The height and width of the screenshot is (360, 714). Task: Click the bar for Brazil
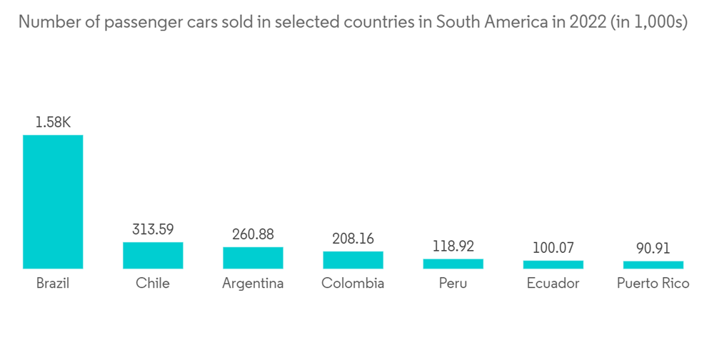[x=53, y=201]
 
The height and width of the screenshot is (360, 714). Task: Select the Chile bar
[x=153, y=255]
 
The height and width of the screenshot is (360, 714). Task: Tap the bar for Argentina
[x=253, y=258]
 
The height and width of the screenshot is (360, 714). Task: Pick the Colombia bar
[x=353, y=260]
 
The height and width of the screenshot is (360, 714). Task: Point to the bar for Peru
[x=453, y=264]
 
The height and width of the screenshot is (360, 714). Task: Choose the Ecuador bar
[x=553, y=264]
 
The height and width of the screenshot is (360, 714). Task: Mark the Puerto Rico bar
[x=653, y=265]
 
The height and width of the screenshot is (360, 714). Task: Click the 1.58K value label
[x=53, y=122]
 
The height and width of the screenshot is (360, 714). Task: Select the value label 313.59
[x=153, y=229]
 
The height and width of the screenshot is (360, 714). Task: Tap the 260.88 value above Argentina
[x=253, y=234]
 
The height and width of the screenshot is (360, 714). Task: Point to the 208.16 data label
[x=353, y=238]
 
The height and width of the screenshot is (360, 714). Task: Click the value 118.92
[x=453, y=246]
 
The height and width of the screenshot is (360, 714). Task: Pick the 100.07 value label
[x=553, y=248]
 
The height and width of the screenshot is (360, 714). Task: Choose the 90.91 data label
[x=653, y=249]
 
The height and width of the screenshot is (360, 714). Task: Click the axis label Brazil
[x=53, y=284]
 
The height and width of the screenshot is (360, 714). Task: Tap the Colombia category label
[x=353, y=284]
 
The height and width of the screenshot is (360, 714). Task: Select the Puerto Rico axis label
[x=653, y=284]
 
